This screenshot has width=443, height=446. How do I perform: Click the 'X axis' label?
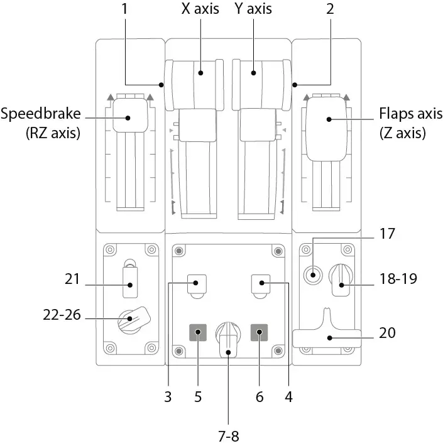(200, 10)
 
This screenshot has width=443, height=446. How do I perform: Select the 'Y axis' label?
(253, 10)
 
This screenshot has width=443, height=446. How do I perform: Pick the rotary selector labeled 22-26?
(131, 319)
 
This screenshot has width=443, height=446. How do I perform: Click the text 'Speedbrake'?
(40, 115)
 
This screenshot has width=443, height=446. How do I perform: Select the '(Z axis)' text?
(402, 134)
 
